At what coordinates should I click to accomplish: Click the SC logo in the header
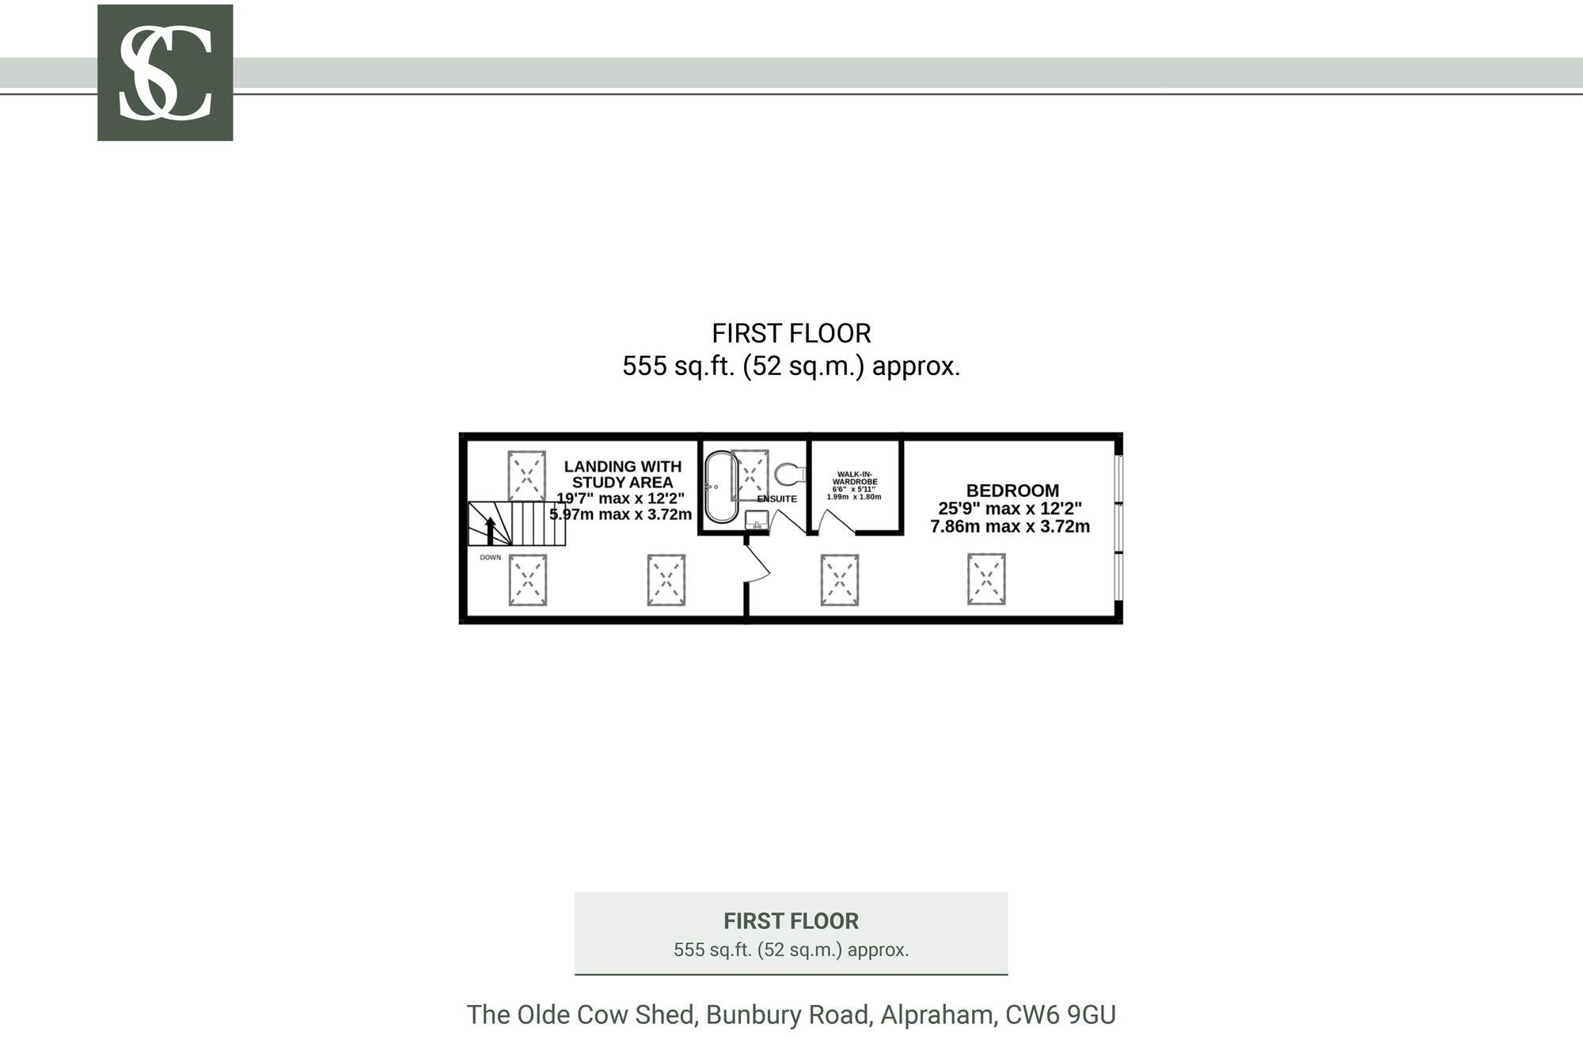tap(165, 73)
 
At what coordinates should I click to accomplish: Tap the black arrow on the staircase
tap(490, 529)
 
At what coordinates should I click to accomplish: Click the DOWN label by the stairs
tap(490, 557)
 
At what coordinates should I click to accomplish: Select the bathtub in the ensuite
tap(720, 487)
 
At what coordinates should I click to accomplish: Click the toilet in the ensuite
tap(788, 475)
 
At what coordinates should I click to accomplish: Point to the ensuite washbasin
tap(757, 521)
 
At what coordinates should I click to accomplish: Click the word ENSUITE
tap(776, 499)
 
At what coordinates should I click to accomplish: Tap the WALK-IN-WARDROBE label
tap(855, 478)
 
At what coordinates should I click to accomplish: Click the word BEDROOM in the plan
tap(1012, 491)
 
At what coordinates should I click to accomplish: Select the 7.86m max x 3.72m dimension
tap(1009, 526)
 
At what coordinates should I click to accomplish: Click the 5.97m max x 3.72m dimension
tap(621, 514)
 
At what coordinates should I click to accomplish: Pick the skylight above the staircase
tap(526, 476)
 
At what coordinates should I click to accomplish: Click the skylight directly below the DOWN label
tap(527, 580)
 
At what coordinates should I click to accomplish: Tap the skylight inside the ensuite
tap(750, 475)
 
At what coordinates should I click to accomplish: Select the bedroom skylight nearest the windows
tap(986, 579)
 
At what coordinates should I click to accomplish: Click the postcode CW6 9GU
tap(1061, 1014)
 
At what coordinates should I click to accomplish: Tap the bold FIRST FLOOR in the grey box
tap(791, 921)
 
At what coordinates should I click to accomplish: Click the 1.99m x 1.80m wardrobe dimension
tap(853, 497)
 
